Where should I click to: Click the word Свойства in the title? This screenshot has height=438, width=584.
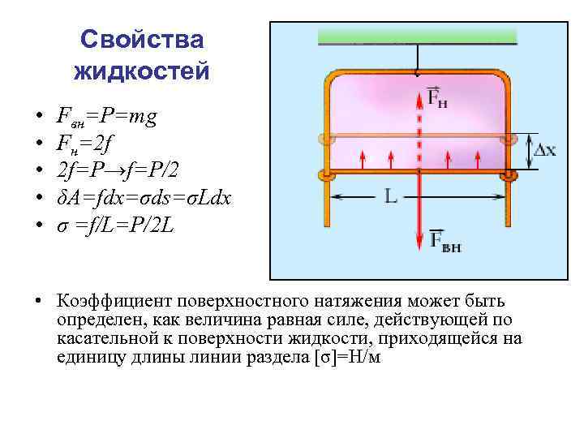(142, 40)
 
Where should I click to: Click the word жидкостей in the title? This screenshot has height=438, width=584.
(142, 71)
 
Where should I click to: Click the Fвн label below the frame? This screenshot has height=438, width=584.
(444, 242)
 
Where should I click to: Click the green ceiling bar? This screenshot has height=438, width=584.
(417, 36)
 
